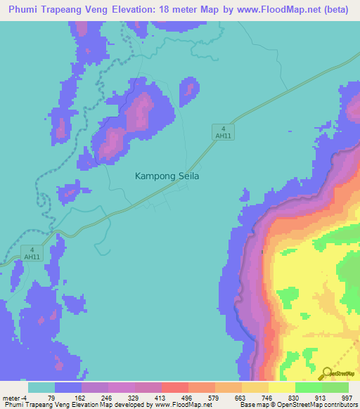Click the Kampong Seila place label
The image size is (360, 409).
[x=167, y=177]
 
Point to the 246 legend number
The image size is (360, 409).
[x=106, y=397]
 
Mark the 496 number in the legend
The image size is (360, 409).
[x=187, y=397]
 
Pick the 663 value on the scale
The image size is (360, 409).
[x=240, y=397]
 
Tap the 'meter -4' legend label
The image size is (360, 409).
[x=14, y=397]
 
